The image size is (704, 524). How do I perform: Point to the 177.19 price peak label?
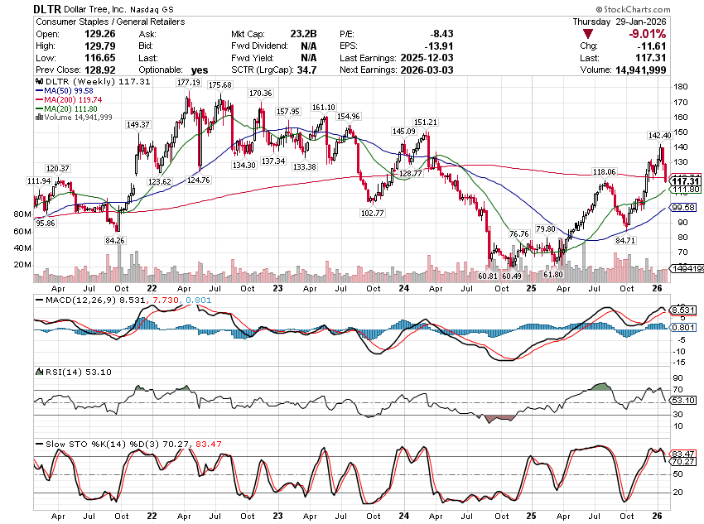[189, 83]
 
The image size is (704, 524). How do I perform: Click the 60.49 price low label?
[512, 275]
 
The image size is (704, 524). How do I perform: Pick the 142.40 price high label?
[659, 135]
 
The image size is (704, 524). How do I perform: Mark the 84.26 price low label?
[115, 240]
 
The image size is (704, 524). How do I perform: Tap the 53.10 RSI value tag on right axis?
[682, 401]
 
